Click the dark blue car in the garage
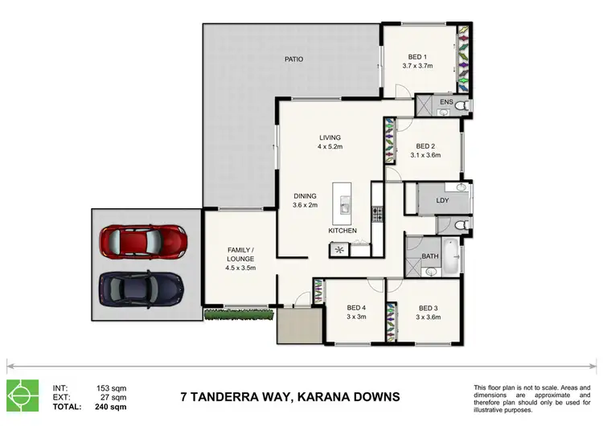click(x=142, y=286)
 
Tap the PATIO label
click(x=293, y=59)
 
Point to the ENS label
click(x=446, y=103)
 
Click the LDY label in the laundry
click(x=442, y=200)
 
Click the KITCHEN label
click(x=342, y=231)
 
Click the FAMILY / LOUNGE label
click(x=240, y=254)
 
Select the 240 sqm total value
click(x=113, y=408)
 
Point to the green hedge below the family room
click(x=236, y=313)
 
